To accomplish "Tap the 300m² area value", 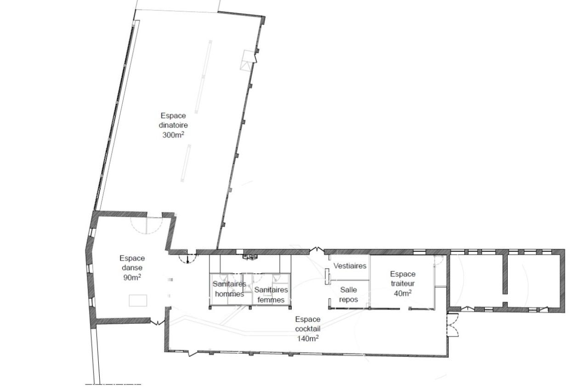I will click(174, 135).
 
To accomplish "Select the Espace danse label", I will click(132, 263).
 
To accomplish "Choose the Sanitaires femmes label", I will click(271, 295).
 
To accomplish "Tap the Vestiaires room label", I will click(350, 266).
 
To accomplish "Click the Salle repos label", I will click(349, 295).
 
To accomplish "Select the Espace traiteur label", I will click(403, 279).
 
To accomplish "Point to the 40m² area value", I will click(402, 293).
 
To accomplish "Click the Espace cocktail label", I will click(308, 324).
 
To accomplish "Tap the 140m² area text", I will click(308, 338).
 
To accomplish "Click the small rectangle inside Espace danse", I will click(138, 300).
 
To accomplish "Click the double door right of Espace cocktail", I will click(453, 325).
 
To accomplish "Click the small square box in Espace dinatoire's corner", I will click(247, 59).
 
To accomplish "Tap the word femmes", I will click(271, 300).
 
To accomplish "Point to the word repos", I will click(349, 300).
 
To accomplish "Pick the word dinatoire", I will click(174, 125).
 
